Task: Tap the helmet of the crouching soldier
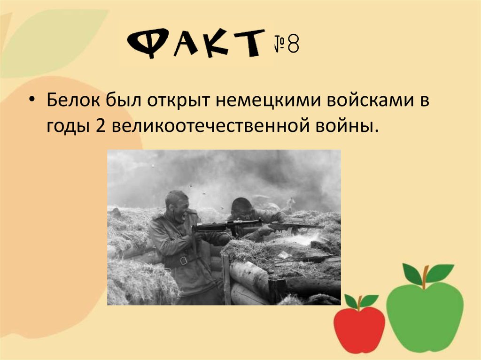tap(240, 205)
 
